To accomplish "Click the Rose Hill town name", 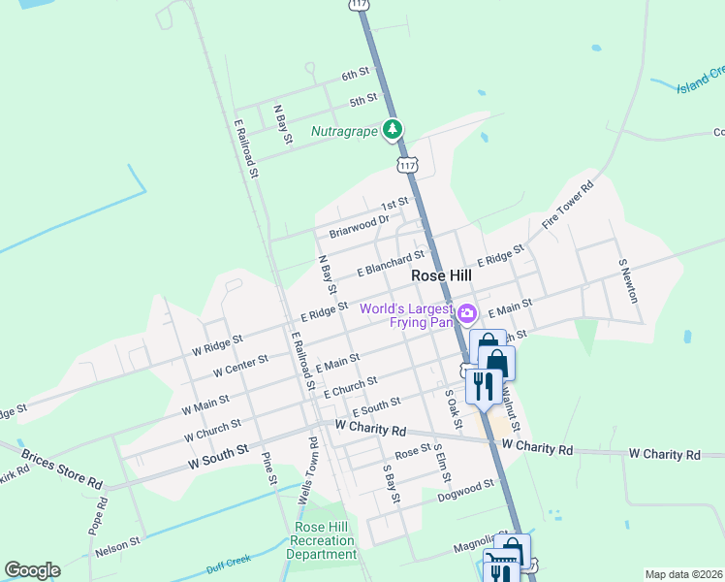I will coord(441,275).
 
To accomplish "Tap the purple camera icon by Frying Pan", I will coord(467,312).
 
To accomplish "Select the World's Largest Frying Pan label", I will coord(407,315).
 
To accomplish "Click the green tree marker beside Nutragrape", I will coord(392,128).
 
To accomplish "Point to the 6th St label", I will coord(356,74).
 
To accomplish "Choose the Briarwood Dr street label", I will coord(358,226).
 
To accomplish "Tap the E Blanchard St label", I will coord(391,263).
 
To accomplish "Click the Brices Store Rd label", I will coord(69,481).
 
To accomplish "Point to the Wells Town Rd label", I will coord(313,470).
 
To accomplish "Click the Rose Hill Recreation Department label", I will coord(325,540).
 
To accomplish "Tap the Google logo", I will coord(32,570).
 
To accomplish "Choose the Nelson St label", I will coord(118,545).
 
